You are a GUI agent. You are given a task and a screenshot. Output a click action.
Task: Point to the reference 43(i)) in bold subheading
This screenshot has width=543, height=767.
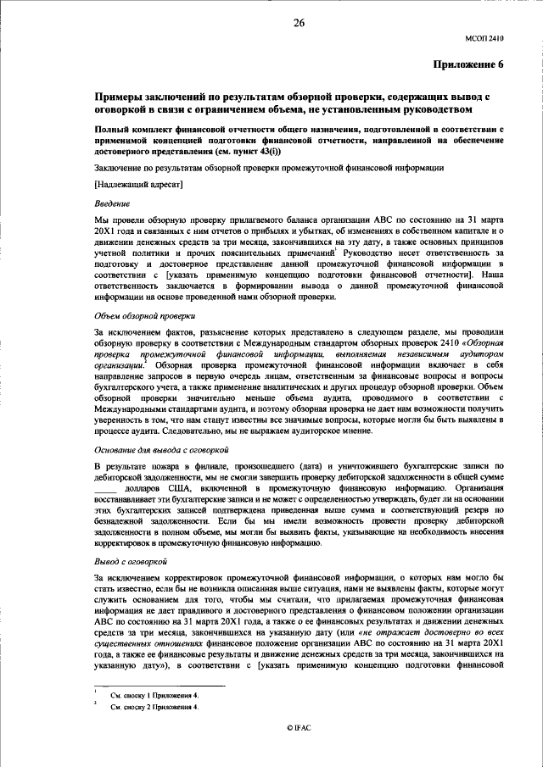tap(261, 151)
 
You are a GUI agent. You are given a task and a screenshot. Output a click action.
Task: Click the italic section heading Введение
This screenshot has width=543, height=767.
tap(111, 203)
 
